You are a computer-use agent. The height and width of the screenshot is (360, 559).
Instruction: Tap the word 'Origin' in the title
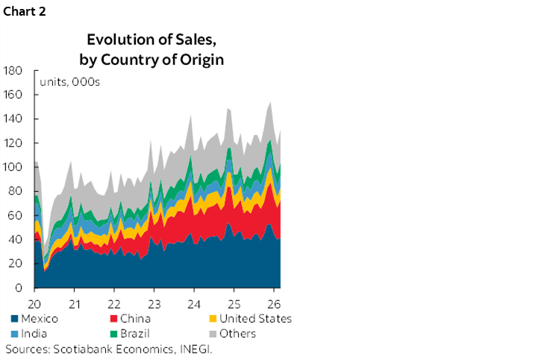[x=200, y=59]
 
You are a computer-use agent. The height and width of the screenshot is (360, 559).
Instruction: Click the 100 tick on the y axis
[x=14, y=167]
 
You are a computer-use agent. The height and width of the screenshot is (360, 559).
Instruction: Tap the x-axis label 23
[x=154, y=305]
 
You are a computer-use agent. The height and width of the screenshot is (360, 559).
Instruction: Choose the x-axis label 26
[x=273, y=305]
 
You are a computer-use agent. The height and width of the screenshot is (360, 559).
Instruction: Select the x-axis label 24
[x=193, y=305]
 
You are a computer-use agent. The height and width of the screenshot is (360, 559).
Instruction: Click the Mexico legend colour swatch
[x=13, y=319]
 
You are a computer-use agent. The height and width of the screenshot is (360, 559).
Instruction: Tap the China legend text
[x=134, y=319]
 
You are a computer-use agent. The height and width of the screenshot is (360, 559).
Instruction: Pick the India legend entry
[x=34, y=334]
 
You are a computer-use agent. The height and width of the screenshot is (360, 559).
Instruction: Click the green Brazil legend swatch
[x=112, y=334]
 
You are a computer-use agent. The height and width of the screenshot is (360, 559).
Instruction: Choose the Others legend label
[x=237, y=334]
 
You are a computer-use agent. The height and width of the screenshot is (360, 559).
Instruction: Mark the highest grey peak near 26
[x=269, y=102]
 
